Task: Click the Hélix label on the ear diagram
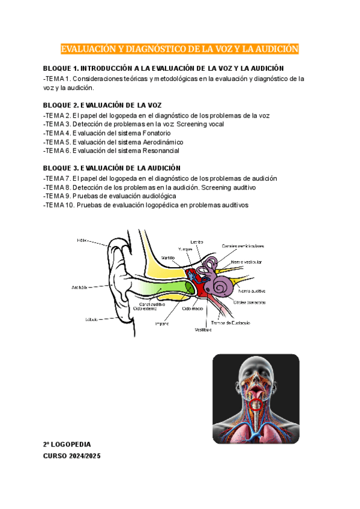point(82,240)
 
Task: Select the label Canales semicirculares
point(242,245)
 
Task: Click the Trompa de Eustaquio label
point(229,322)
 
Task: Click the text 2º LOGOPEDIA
point(67,445)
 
